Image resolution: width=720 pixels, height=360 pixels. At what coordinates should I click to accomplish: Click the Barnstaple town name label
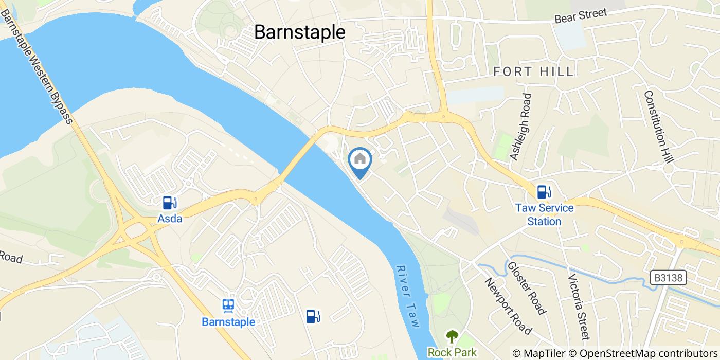coord(300,32)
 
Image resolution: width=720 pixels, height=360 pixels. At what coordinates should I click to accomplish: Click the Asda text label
coord(170,219)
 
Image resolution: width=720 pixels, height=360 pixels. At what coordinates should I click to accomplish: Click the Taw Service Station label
coord(544,215)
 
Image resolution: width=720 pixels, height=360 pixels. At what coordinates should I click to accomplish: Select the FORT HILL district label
coord(533,72)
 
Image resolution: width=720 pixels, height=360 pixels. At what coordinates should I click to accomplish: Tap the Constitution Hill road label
coord(655,127)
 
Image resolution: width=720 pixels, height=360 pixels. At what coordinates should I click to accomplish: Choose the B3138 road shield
coord(669,278)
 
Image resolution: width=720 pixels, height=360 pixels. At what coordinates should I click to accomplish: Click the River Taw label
coord(409,296)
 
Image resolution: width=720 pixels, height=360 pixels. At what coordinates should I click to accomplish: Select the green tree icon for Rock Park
coord(453,337)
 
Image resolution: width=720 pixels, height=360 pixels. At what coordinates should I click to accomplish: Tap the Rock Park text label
coord(453,353)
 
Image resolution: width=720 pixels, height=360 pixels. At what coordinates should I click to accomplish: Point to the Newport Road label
coord(507,305)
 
